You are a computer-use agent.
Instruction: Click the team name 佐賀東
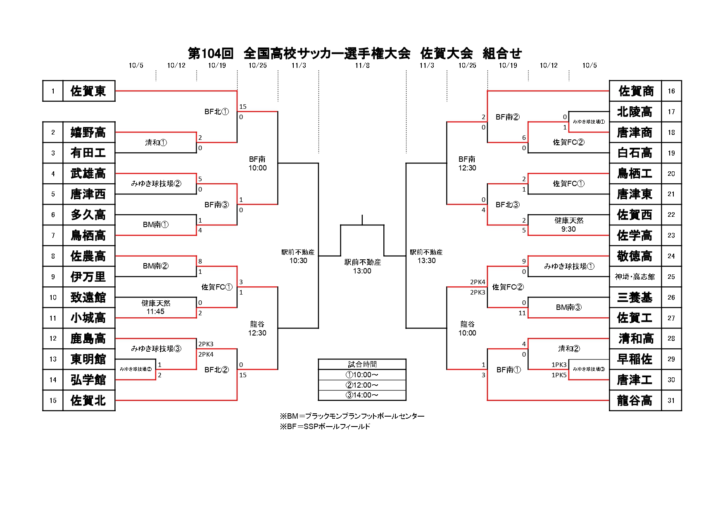88,91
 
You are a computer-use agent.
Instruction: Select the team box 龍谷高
635,400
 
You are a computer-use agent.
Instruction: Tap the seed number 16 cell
671,91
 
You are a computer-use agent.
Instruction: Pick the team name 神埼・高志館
635,277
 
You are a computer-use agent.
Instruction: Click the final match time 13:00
362,271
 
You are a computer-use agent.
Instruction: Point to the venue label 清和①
156,143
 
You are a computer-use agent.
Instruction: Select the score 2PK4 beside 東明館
206,355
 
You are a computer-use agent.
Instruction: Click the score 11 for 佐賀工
522,313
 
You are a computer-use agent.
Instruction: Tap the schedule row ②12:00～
362,385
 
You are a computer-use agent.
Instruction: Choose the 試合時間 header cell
362,364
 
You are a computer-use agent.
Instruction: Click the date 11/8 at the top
362,65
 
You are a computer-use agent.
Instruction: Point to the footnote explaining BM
352,416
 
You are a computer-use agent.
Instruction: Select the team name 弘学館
88,380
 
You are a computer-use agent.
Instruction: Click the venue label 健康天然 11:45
156,307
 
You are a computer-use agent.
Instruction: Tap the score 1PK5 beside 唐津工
559,375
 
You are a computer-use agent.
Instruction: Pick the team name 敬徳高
635,256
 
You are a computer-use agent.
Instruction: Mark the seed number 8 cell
53,256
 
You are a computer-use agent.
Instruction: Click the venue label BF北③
507,205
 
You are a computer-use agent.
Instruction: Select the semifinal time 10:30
298,261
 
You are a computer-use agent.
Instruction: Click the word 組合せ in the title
502,53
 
